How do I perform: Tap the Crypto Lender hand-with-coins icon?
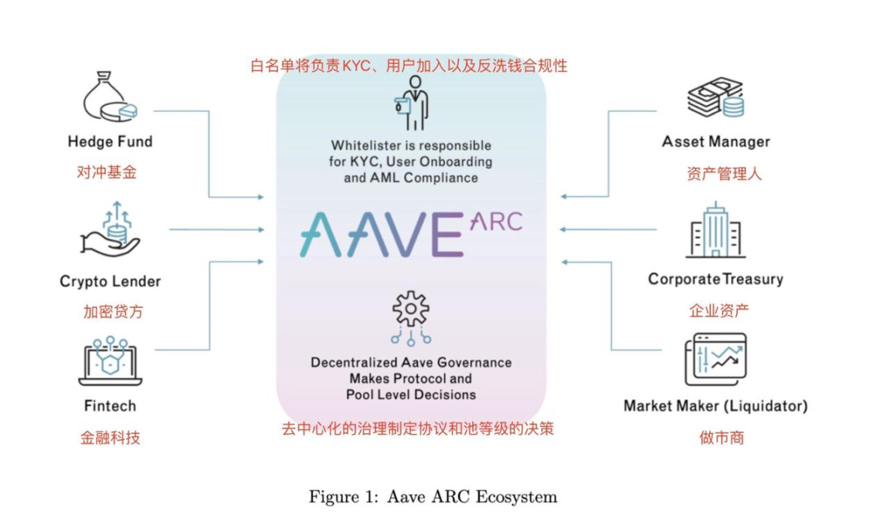pos(110,229)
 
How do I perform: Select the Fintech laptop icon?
pos(110,361)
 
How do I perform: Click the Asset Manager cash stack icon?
pos(715,97)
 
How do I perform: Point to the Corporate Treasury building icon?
pos(715,230)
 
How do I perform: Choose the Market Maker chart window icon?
pos(715,359)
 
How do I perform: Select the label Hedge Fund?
pos(110,142)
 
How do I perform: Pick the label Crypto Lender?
pos(110,282)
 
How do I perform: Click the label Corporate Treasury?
pos(715,280)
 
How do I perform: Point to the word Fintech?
pos(110,406)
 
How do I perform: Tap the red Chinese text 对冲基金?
pos(107,172)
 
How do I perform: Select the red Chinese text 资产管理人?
pos(724,174)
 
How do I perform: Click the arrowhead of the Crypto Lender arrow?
pos(260,229)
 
